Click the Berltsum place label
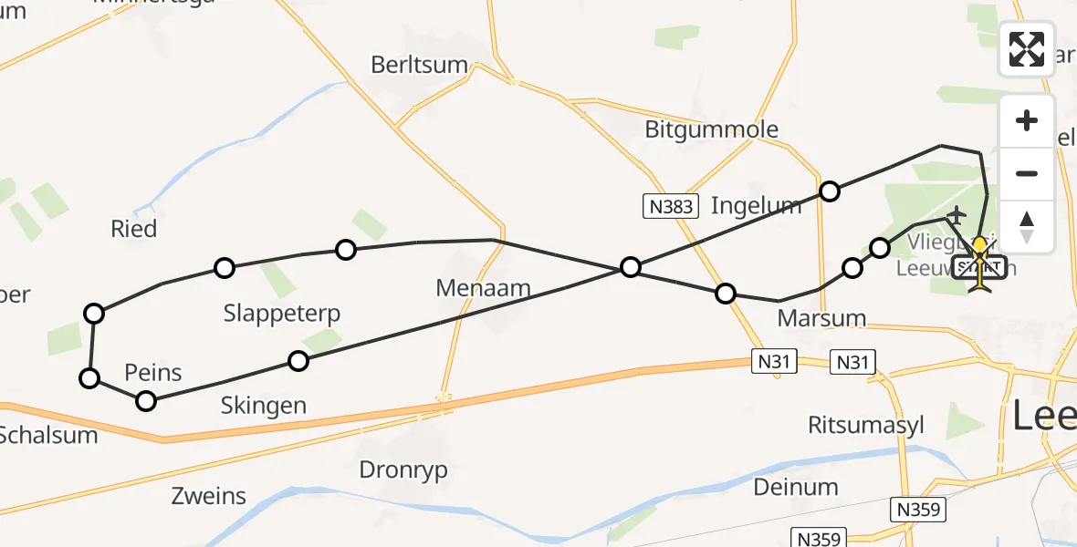coord(419,66)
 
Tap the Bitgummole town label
coord(711,129)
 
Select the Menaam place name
coord(483,289)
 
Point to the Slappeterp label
coord(282,315)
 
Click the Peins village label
coord(153,373)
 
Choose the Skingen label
coord(263,406)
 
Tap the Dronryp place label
coord(403,470)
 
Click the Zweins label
coord(208,497)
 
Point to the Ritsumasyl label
coord(866,425)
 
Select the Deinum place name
coord(796,488)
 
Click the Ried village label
coord(133,229)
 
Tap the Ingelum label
coord(756,205)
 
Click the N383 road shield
coord(669,207)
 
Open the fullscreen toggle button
coord(1027,49)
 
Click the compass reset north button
coord(1027,225)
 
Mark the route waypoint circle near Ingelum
coord(829,191)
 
